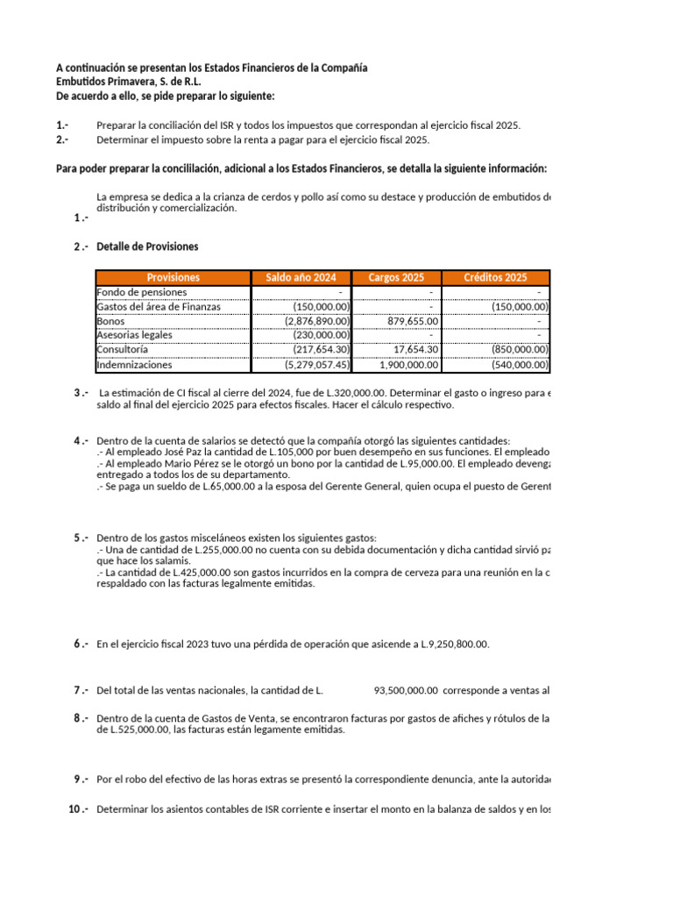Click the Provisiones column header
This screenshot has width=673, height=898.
[173, 277]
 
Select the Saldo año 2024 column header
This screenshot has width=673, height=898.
[301, 277]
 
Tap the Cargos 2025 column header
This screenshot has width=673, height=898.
[396, 277]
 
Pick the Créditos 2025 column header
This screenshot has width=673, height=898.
[495, 277]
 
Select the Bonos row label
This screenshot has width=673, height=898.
[110, 321]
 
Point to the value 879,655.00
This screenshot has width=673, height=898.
[408, 321]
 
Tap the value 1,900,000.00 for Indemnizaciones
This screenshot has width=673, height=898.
[403, 365]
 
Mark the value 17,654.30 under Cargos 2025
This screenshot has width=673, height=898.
[414, 350]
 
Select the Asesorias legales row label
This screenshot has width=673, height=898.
[134, 335]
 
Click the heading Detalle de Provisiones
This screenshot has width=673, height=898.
[147, 246]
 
